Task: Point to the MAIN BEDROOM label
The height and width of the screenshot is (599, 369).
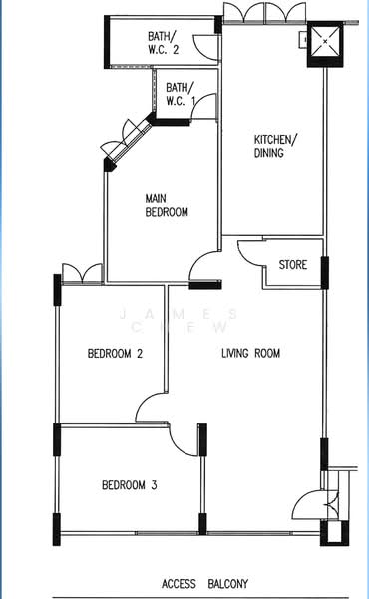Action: pyautogui.click(x=167, y=205)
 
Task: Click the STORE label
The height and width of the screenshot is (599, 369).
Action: pyautogui.click(x=293, y=265)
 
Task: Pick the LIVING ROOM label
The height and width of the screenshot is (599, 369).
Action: pyautogui.click(x=250, y=353)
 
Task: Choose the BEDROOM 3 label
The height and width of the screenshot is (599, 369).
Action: pyautogui.click(x=130, y=486)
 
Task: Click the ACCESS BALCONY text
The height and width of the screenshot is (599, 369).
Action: pyautogui.click(x=207, y=584)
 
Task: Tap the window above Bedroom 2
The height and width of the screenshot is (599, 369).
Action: pyautogui.click(x=79, y=272)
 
